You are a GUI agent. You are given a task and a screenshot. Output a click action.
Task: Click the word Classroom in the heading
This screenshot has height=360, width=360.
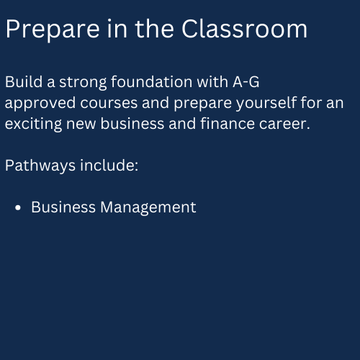[x=244, y=29]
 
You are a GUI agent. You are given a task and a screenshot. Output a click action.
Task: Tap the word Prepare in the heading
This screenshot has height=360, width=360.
[x=53, y=30]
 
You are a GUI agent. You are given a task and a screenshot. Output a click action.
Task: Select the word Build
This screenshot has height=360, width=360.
[x=24, y=81]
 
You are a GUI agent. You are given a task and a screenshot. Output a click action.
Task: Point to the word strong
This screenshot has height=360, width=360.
[x=83, y=83]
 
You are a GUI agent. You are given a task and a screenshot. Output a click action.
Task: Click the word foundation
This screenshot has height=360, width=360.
[x=152, y=81]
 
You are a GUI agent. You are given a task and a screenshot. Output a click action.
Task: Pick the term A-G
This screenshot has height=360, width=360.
[x=246, y=82]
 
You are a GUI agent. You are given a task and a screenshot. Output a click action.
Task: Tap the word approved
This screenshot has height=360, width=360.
[x=40, y=104]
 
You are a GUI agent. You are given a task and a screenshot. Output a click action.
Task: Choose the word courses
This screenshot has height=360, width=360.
[x=109, y=103]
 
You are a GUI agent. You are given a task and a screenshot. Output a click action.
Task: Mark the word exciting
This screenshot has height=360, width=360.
[x=34, y=125]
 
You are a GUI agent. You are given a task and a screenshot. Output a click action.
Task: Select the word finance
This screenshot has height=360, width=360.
[x=228, y=124]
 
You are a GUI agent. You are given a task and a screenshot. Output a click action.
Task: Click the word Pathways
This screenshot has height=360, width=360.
[x=40, y=166]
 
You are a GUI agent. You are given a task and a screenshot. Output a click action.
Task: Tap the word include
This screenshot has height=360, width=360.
[x=109, y=166]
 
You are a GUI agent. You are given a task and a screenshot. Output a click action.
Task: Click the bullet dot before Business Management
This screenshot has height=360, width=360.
[x=18, y=207]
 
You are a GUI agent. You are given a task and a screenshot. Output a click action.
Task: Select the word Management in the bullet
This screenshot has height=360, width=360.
[x=148, y=208]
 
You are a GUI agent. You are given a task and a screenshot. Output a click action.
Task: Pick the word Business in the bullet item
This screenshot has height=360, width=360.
[x=63, y=207]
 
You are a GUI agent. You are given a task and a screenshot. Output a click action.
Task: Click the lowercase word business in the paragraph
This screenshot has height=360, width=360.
[x=132, y=124]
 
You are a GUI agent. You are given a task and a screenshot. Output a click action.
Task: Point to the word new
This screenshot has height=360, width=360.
[x=81, y=125]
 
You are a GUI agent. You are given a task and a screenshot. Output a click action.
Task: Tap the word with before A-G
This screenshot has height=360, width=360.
[x=212, y=81]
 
